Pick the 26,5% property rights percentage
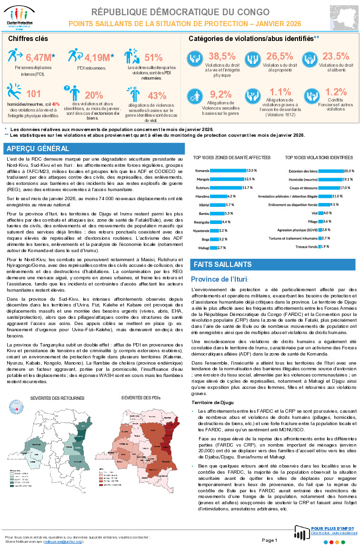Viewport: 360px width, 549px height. tap(280, 56)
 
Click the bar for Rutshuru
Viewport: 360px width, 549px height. tap(226, 187)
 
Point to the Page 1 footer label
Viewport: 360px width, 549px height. tap(269, 540)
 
